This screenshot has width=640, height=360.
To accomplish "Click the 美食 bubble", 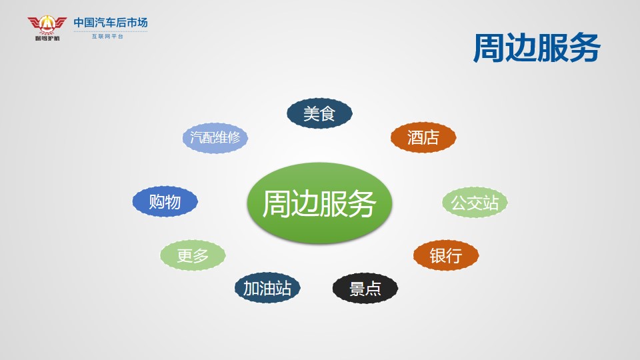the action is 319,113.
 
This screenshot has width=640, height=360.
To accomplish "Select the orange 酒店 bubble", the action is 423,137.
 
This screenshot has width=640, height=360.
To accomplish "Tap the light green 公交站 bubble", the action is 475,203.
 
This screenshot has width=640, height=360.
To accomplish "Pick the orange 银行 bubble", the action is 446,255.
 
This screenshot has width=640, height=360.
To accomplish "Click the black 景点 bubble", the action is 365,289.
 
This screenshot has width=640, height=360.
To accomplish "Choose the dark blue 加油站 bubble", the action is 267,288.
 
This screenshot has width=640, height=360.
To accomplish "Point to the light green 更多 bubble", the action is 193,255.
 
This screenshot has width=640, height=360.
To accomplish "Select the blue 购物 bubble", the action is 165,201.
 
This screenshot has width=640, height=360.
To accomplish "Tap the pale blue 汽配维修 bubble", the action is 215,138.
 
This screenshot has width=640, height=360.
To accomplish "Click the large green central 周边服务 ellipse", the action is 319,203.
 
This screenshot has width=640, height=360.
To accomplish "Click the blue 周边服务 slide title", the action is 536,48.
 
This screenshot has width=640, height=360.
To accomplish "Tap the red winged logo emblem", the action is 47,26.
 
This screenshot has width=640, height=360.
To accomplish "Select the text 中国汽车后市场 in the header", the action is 111,23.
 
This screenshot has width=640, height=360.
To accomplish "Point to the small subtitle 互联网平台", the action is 107,36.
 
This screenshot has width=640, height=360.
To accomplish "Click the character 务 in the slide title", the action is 585,48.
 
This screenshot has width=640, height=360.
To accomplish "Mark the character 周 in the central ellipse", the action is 276,203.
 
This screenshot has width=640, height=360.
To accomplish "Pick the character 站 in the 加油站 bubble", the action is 283,288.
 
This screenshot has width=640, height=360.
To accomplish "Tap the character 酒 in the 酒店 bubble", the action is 415,137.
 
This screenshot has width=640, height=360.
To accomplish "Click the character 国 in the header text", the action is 89,23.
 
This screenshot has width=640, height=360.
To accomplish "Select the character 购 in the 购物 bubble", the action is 157,201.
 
